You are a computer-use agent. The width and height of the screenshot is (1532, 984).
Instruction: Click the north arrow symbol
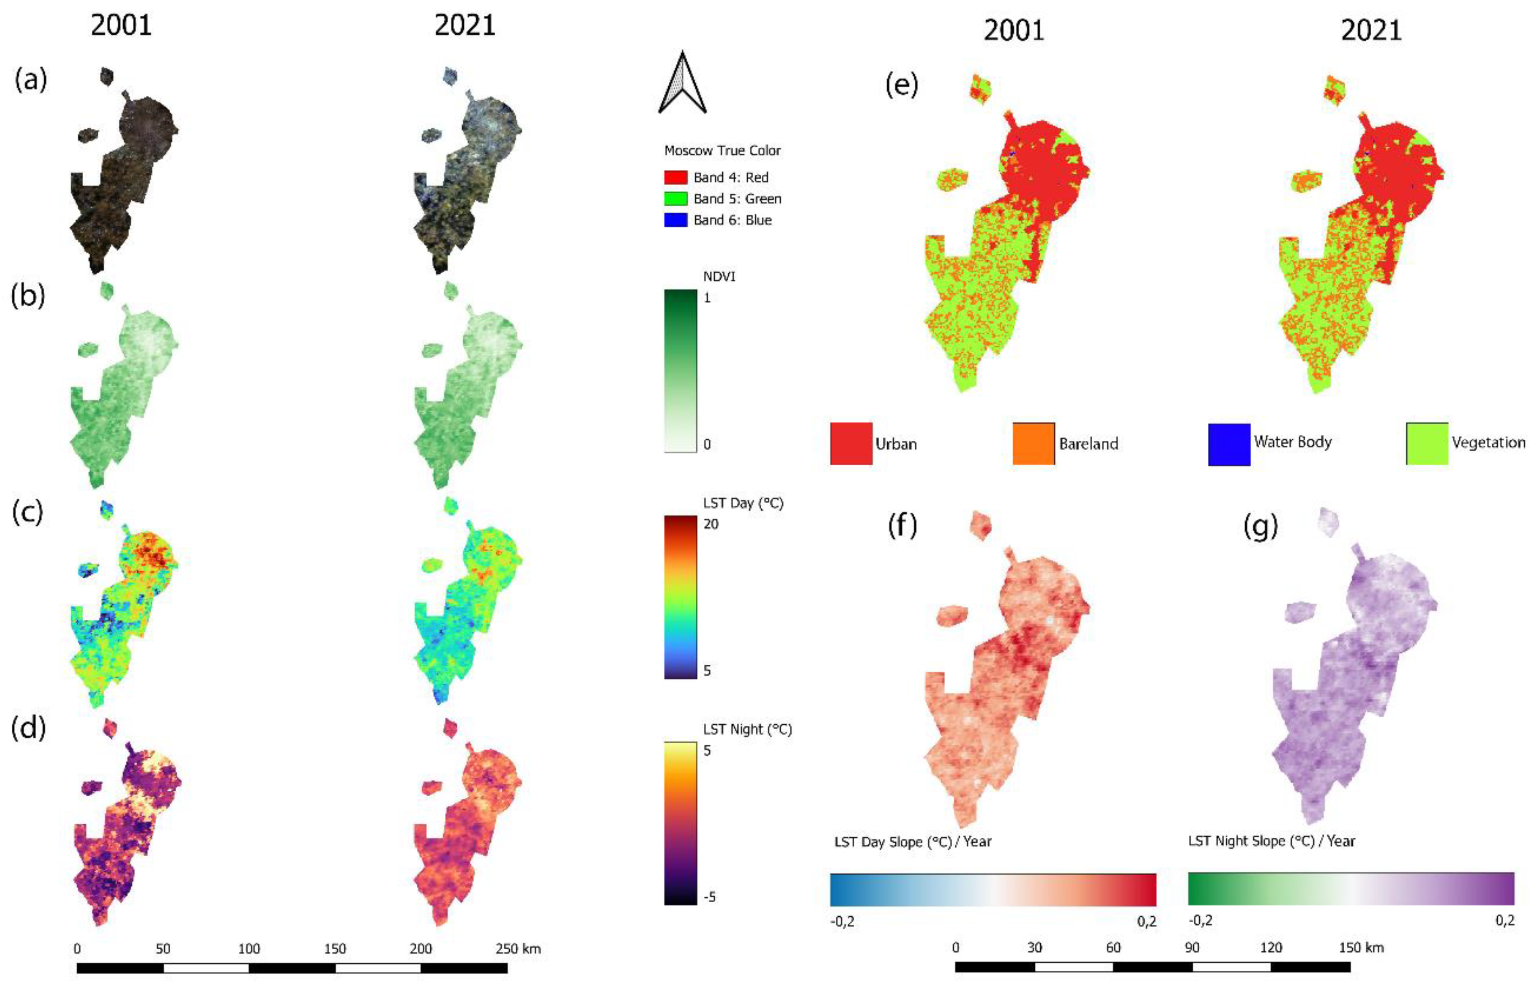(682, 83)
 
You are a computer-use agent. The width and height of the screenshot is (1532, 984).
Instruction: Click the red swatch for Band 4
(675, 177)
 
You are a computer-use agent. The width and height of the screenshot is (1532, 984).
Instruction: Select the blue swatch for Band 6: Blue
(675, 220)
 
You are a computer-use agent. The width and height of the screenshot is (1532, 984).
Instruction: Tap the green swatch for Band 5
(675, 199)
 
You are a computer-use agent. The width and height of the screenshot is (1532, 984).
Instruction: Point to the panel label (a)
(31, 80)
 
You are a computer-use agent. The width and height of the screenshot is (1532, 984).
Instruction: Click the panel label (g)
(1260, 526)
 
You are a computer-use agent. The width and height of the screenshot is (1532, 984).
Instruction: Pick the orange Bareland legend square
(1033, 443)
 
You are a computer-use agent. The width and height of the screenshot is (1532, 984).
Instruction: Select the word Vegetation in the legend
(1487, 442)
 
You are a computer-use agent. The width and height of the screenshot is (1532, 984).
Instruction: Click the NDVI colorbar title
(719, 276)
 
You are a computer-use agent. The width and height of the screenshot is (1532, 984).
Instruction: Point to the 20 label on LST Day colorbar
(710, 524)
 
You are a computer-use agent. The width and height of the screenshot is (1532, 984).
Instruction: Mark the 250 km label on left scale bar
(517, 948)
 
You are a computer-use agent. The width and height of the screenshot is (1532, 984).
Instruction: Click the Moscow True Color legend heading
(722, 151)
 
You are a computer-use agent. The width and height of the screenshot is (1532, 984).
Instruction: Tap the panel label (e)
(901, 84)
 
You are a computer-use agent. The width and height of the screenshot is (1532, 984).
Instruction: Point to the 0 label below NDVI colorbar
(707, 444)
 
